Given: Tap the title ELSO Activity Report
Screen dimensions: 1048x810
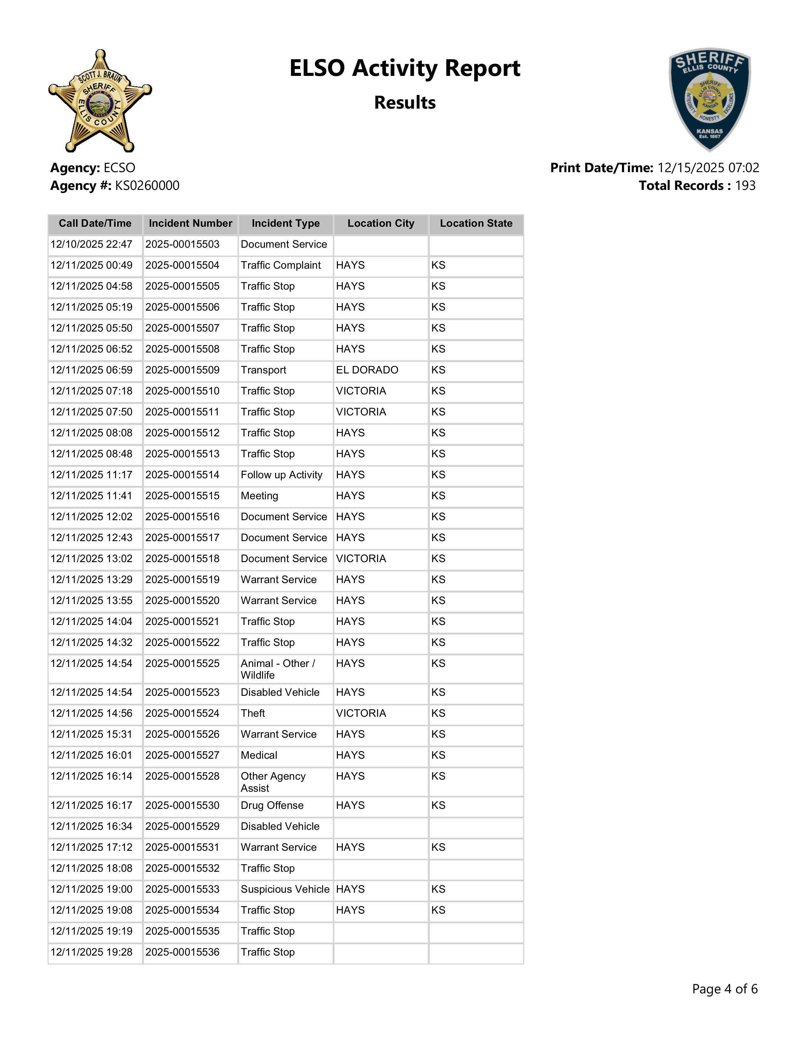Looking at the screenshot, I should click(404, 68).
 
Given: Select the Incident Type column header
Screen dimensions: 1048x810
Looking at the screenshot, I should click(286, 224).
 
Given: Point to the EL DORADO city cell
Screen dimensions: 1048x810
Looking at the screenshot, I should click(367, 370).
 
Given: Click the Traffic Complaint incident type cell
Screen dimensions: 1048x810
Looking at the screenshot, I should click(281, 265).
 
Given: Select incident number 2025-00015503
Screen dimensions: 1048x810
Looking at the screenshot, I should click(182, 244).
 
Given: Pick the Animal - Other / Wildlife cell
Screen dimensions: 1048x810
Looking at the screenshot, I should click(278, 669).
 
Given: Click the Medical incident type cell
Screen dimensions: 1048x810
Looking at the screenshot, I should click(259, 755).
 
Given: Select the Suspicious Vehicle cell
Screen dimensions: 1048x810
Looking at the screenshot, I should click(285, 889).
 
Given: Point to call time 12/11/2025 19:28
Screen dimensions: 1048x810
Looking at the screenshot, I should click(91, 952).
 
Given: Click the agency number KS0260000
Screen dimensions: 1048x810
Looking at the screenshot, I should click(147, 186).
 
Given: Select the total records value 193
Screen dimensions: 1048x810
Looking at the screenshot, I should click(745, 186).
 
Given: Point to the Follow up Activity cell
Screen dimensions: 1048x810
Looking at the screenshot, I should click(282, 475).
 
